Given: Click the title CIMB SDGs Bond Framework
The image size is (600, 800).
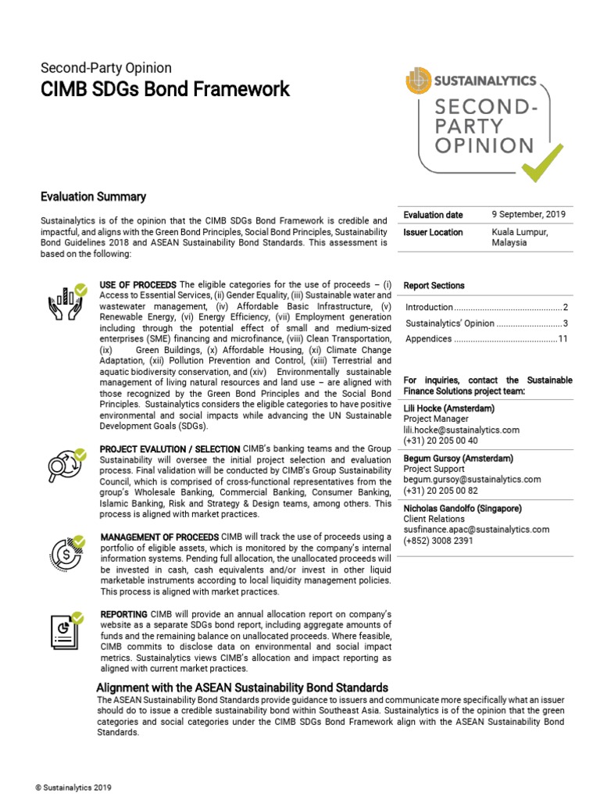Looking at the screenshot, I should point(165,89).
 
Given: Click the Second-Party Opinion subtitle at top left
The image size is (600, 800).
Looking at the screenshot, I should point(105,68).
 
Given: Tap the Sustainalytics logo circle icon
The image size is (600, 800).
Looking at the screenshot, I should point(418,80).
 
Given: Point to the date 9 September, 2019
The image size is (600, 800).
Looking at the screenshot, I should point(529,215).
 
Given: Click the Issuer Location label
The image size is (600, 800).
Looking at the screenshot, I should point(433,232).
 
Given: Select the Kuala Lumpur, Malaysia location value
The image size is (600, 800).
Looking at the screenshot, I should point(520,237).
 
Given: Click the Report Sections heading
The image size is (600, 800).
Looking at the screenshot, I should point(434,286).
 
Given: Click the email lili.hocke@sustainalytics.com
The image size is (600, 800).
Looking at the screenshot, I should point(461,430).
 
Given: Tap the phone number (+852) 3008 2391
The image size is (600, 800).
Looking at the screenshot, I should point(437,541).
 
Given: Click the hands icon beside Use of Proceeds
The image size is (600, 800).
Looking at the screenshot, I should point(67,304).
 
